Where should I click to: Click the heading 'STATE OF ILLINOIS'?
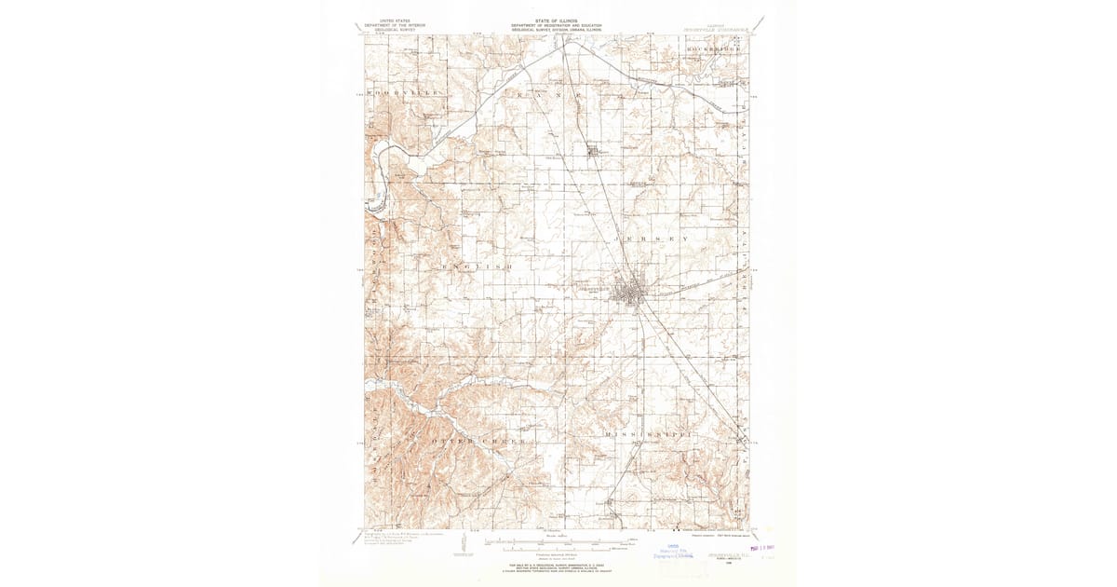[556, 20]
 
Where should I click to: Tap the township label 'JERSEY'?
[652, 239]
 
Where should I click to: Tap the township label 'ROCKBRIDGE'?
[711, 39]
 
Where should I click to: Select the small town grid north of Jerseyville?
[595, 150]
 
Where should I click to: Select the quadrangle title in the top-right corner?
[717, 29]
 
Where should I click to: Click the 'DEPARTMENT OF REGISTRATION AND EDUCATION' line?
[556, 25]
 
